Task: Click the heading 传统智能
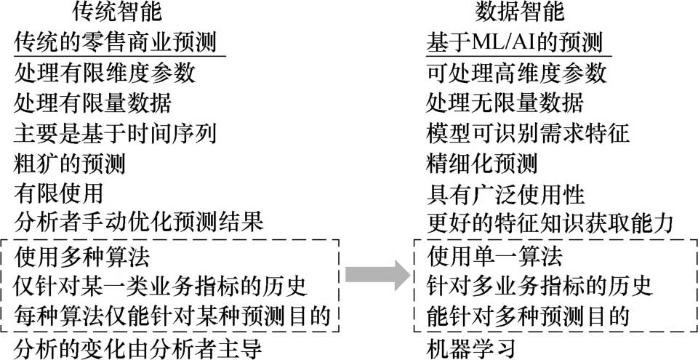(117, 12)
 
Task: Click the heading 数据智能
(519, 12)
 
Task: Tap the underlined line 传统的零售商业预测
(116, 43)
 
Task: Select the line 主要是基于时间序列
(116, 133)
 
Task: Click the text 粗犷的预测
(70, 163)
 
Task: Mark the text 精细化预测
(481, 163)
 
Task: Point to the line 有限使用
(58, 193)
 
